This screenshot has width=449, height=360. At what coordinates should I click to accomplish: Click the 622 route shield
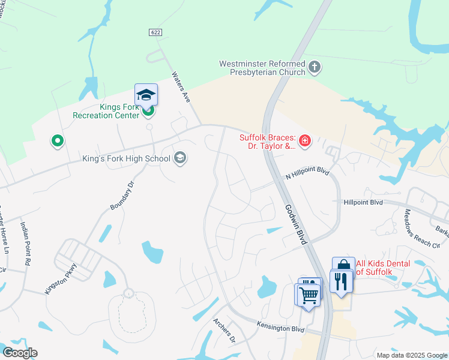pos(155,32)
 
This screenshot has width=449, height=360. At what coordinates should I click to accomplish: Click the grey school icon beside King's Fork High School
pos(179,158)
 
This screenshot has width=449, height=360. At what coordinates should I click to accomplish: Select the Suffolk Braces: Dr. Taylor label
pos(268,141)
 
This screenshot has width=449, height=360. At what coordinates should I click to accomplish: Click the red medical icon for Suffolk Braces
pos(305,141)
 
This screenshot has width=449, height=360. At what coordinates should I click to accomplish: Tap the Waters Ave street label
pos(181,88)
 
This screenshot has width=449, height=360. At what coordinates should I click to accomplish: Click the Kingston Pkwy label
pos(61,279)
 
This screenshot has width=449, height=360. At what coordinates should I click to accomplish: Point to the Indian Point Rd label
pos(26,243)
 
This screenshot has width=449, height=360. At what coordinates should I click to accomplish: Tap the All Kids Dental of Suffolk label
pos(383,268)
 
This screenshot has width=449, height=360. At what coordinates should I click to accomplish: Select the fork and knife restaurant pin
pos(342,281)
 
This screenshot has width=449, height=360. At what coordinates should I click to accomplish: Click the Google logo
pos(20,353)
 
